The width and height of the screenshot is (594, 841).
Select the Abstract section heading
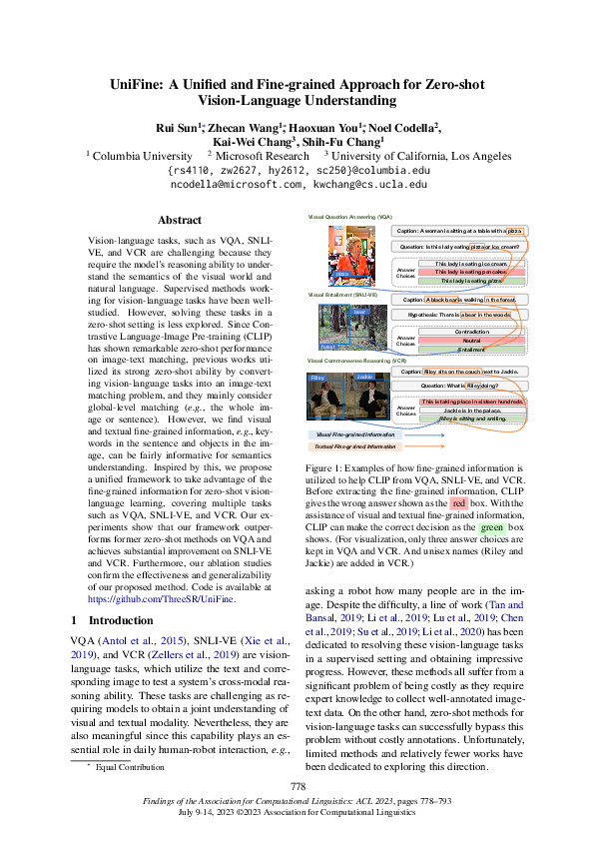[181, 220]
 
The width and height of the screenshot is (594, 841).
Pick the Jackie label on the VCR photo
[364, 378]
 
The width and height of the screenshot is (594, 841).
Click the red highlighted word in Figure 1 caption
[459, 504]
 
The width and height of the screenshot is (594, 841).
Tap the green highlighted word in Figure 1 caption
[490, 526]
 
